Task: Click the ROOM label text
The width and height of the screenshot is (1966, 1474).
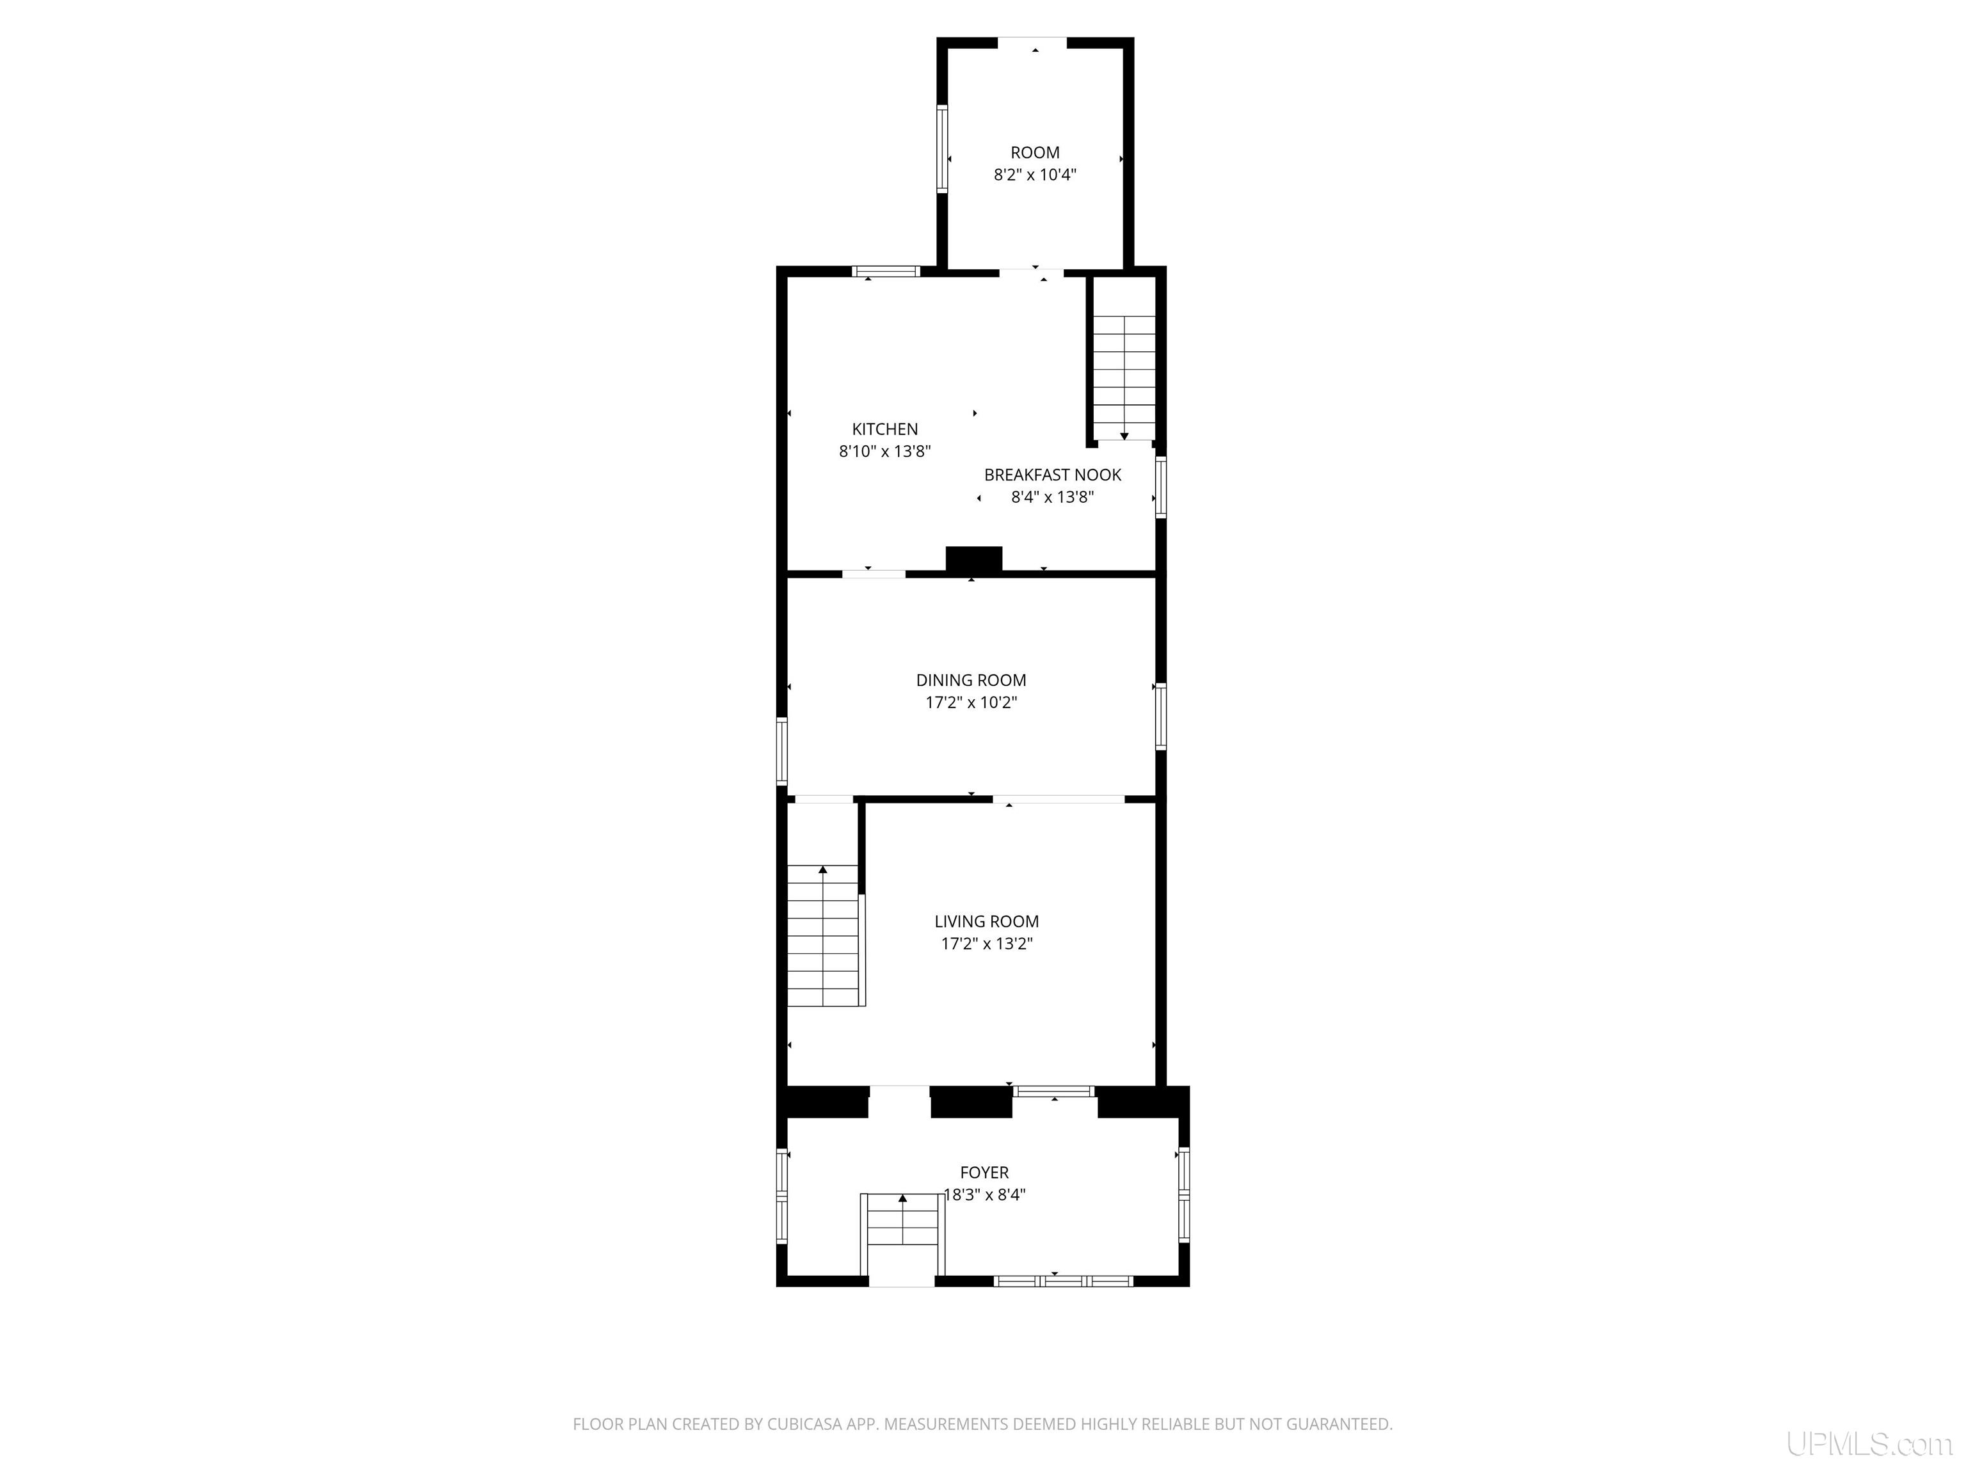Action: pyautogui.click(x=1035, y=153)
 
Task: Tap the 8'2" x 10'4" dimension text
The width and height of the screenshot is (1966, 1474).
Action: pyautogui.click(x=1035, y=175)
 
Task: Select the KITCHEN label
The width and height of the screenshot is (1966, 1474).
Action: pyautogui.click(x=884, y=429)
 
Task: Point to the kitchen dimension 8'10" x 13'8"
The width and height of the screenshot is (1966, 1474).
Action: pyautogui.click(x=884, y=452)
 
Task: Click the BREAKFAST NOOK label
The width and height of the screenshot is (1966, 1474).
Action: pyautogui.click(x=1052, y=475)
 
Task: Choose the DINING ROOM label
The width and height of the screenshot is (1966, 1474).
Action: pyautogui.click(x=971, y=681)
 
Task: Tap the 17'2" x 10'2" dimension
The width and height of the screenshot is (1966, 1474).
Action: pyautogui.click(x=971, y=703)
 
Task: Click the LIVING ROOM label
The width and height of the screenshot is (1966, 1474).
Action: pyautogui.click(x=987, y=923)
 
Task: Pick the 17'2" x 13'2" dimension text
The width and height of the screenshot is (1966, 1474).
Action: pyautogui.click(x=987, y=944)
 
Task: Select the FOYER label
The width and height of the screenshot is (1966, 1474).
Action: pyautogui.click(x=984, y=1173)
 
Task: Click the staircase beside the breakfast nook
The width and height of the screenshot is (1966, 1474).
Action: pyautogui.click(x=1124, y=377)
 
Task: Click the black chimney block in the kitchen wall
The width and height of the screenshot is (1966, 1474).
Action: pyautogui.click(x=974, y=559)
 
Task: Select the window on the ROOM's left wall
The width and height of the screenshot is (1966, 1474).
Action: pyautogui.click(x=942, y=148)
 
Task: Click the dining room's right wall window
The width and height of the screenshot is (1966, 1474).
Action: pyautogui.click(x=1161, y=716)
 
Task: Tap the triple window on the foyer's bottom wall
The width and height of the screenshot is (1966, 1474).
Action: pyautogui.click(x=1063, y=1281)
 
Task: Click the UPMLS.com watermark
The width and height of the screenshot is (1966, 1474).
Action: pyautogui.click(x=1868, y=1444)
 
